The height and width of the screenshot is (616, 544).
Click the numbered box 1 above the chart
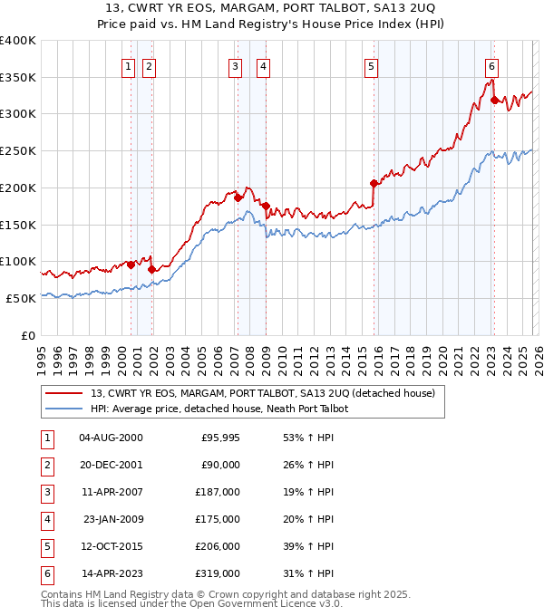[x=128, y=65]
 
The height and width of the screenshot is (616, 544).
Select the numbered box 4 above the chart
[x=262, y=65]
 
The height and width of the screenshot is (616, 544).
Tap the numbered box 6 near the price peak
[x=491, y=65]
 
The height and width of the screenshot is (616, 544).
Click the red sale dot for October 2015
[x=374, y=183]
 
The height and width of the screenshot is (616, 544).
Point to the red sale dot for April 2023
[x=494, y=100]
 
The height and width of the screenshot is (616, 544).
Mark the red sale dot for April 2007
[x=238, y=197]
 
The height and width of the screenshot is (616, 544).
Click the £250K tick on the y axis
[x=18, y=151]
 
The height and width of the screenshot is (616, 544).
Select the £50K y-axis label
[x=21, y=298]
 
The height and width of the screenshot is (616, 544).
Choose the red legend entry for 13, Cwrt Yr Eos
[x=263, y=393]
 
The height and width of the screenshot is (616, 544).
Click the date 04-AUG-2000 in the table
[x=111, y=438]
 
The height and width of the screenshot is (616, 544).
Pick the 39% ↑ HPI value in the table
[x=307, y=546]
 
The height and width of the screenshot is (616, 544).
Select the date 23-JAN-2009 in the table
[x=112, y=519]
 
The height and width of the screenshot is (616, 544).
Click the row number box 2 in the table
[x=44, y=465]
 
